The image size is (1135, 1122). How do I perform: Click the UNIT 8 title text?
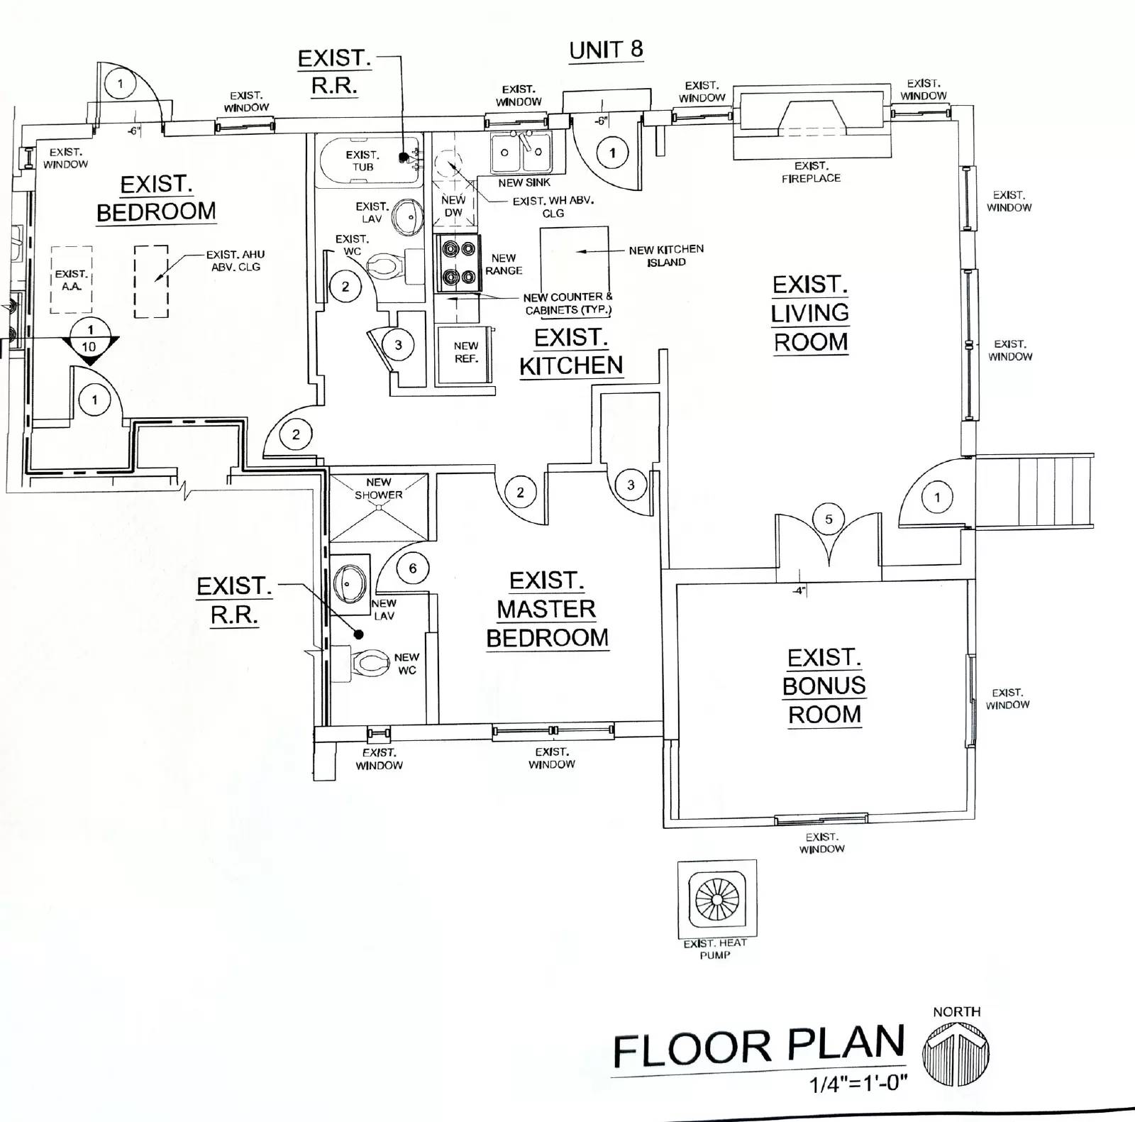606,50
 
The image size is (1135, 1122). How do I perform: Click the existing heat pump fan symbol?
716,900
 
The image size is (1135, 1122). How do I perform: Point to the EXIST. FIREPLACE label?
811,172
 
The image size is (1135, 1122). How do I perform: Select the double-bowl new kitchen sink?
521,152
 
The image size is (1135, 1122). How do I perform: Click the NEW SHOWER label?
379,488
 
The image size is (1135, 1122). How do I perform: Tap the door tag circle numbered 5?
829,519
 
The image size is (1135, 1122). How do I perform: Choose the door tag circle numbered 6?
412,568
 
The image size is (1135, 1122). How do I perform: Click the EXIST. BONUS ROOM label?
824,686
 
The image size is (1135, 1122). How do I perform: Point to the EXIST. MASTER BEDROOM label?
547,609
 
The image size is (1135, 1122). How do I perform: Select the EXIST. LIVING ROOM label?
810,313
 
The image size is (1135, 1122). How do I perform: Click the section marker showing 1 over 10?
89,339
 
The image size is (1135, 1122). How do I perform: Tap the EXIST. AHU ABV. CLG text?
235,260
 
